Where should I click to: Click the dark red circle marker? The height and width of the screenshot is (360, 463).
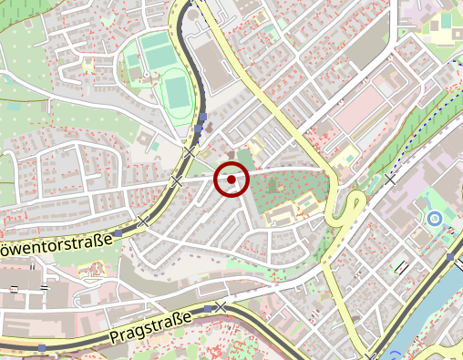[x=231, y=180]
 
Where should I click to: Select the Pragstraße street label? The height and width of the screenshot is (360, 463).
[x=150, y=327]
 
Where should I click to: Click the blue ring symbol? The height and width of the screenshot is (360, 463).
[x=435, y=219]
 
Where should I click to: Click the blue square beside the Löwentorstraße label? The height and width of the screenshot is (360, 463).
[x=118, y=233]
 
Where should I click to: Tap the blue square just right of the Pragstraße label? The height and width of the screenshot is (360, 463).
[x=209, y=310]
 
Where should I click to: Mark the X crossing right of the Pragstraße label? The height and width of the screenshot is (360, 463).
[x=221, y=307]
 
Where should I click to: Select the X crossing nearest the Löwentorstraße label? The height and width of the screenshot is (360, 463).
[x=143, y=221]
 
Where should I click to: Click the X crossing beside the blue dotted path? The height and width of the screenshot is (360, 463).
[x=392, y=180]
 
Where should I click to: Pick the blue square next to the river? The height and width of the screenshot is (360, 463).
[x=451, y=258]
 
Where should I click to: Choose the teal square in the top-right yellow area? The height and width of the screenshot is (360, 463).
[x=446, y=20]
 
